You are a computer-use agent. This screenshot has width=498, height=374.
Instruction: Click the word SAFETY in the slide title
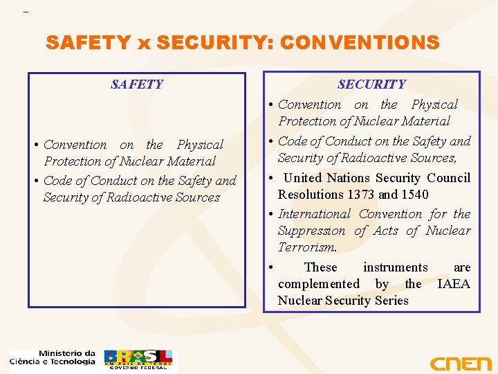click(88, 43)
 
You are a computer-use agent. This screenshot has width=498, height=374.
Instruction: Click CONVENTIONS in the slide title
click(358, 43)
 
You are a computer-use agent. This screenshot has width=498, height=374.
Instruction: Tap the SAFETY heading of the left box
click(137, 84)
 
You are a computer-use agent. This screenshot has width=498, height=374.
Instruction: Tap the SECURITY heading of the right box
click(371, 84)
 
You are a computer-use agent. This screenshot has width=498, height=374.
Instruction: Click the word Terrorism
click(307, 247)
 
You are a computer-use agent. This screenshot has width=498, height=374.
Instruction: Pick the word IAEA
click(454, 283)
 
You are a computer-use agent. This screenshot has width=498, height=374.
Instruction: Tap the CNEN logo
click(460, 363)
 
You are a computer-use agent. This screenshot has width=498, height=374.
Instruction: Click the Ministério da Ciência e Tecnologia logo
click(53, 357)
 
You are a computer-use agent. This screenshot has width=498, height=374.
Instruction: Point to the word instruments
click(395, 267)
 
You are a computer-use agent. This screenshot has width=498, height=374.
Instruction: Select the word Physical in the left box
click(200, 145)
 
